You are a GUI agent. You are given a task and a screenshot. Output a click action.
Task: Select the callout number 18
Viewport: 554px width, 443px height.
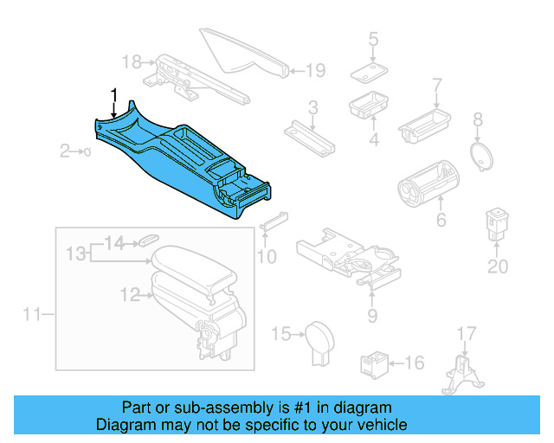click(131, 61)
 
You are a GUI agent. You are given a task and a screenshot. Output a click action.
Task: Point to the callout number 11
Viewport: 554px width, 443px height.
click(32, 314)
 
